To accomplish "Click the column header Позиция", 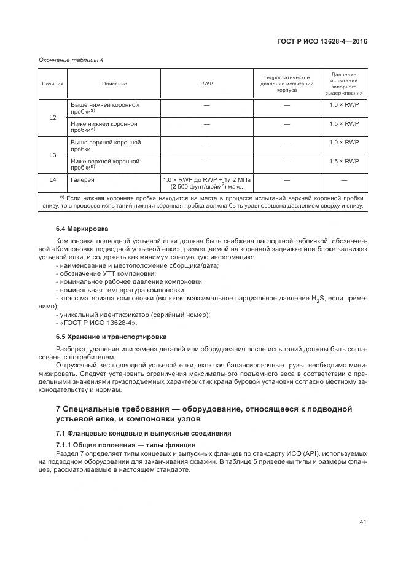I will click(x=53, y=83).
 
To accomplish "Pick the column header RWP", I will click(x=206, y=83).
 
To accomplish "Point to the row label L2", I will click(x=53, y=117).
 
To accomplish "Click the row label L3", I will click(x=53, y=155).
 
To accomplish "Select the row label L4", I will click(x=53, y=179).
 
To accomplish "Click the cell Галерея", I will click(x=83, y=179).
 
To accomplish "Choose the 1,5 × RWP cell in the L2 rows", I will click(x=344, y=124).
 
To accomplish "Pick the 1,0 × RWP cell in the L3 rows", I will click(x=344, y=143).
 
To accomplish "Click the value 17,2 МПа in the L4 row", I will click(x=239, y=179).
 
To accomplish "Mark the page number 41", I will click(x=363, y=522).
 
